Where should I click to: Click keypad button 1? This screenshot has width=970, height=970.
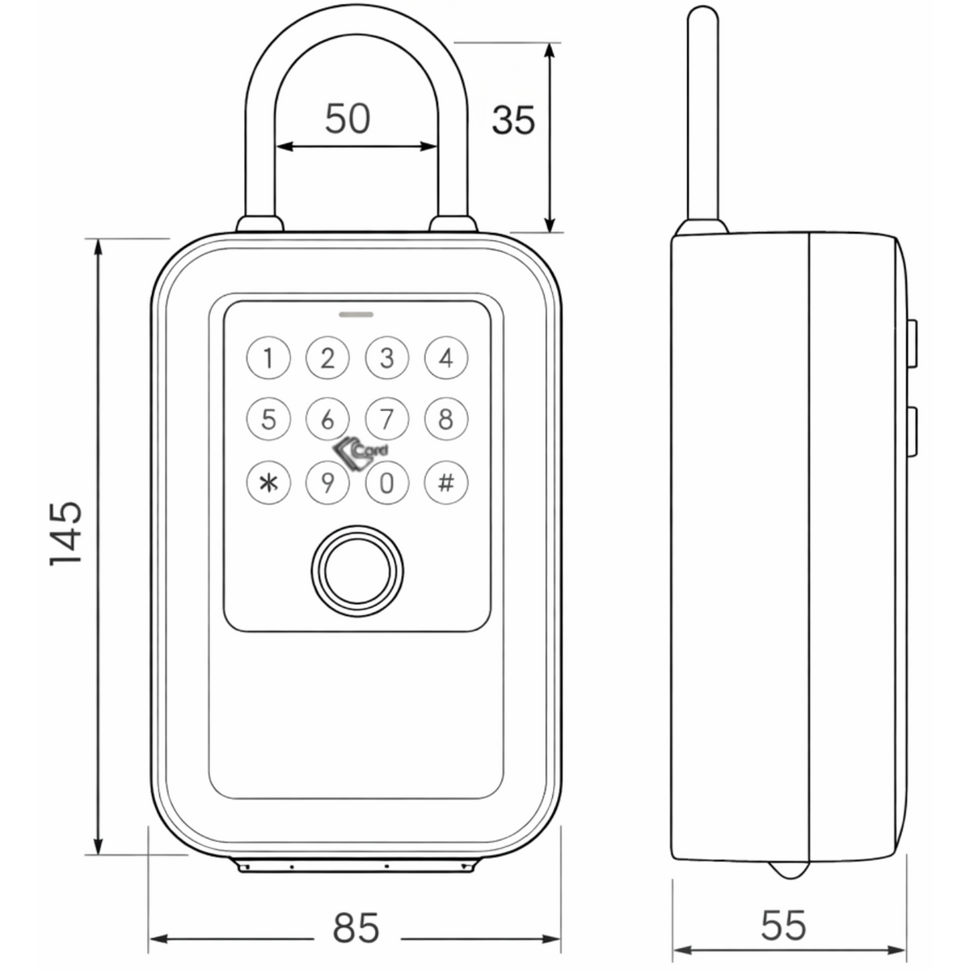[268, 358]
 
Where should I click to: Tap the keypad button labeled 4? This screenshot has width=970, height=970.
[446, 358]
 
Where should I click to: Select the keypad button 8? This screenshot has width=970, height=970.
[446, 419]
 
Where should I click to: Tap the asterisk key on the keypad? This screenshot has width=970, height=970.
[268, 483]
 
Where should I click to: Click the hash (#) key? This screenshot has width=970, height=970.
[446, 483]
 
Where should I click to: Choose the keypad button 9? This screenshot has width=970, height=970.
[327, 483]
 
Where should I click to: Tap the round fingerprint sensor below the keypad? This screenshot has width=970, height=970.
[357, 571]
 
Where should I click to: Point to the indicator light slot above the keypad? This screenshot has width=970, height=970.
[356, 314]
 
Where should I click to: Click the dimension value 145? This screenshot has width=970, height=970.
[66, 534]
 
